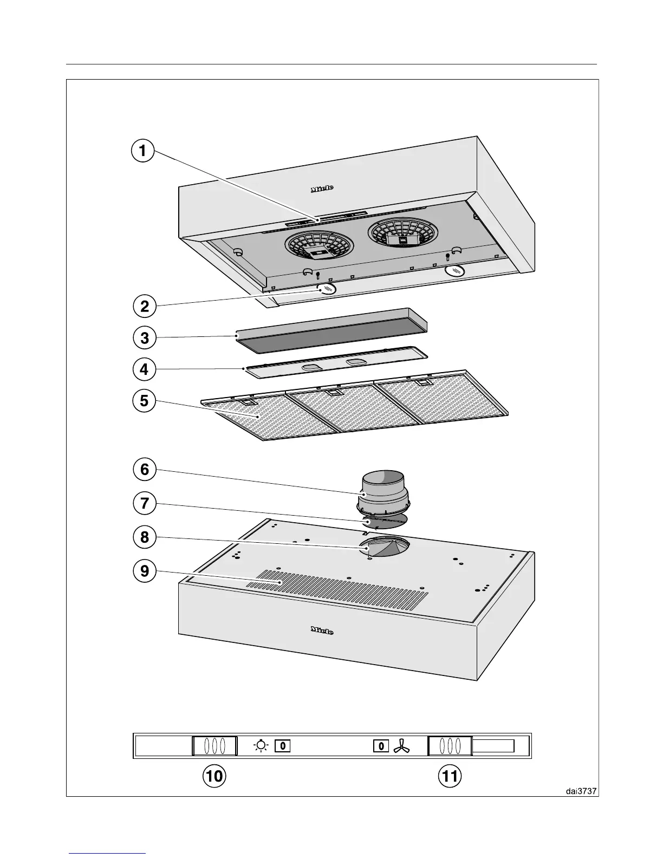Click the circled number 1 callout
click(142, 151)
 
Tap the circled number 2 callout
click(144, 307)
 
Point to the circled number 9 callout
click(144, 570)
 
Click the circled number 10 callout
click(214, 776)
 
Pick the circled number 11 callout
click(450, 776)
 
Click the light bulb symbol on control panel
click(262, 746)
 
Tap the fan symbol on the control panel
click(402, 746)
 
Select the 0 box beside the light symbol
click(283, 746)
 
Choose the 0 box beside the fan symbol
click(381, 746)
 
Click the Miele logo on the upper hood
click(322, 188)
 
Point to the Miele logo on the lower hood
click(322, 630)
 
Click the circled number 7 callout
click(144, 503)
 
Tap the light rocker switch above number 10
click(215, 746)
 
